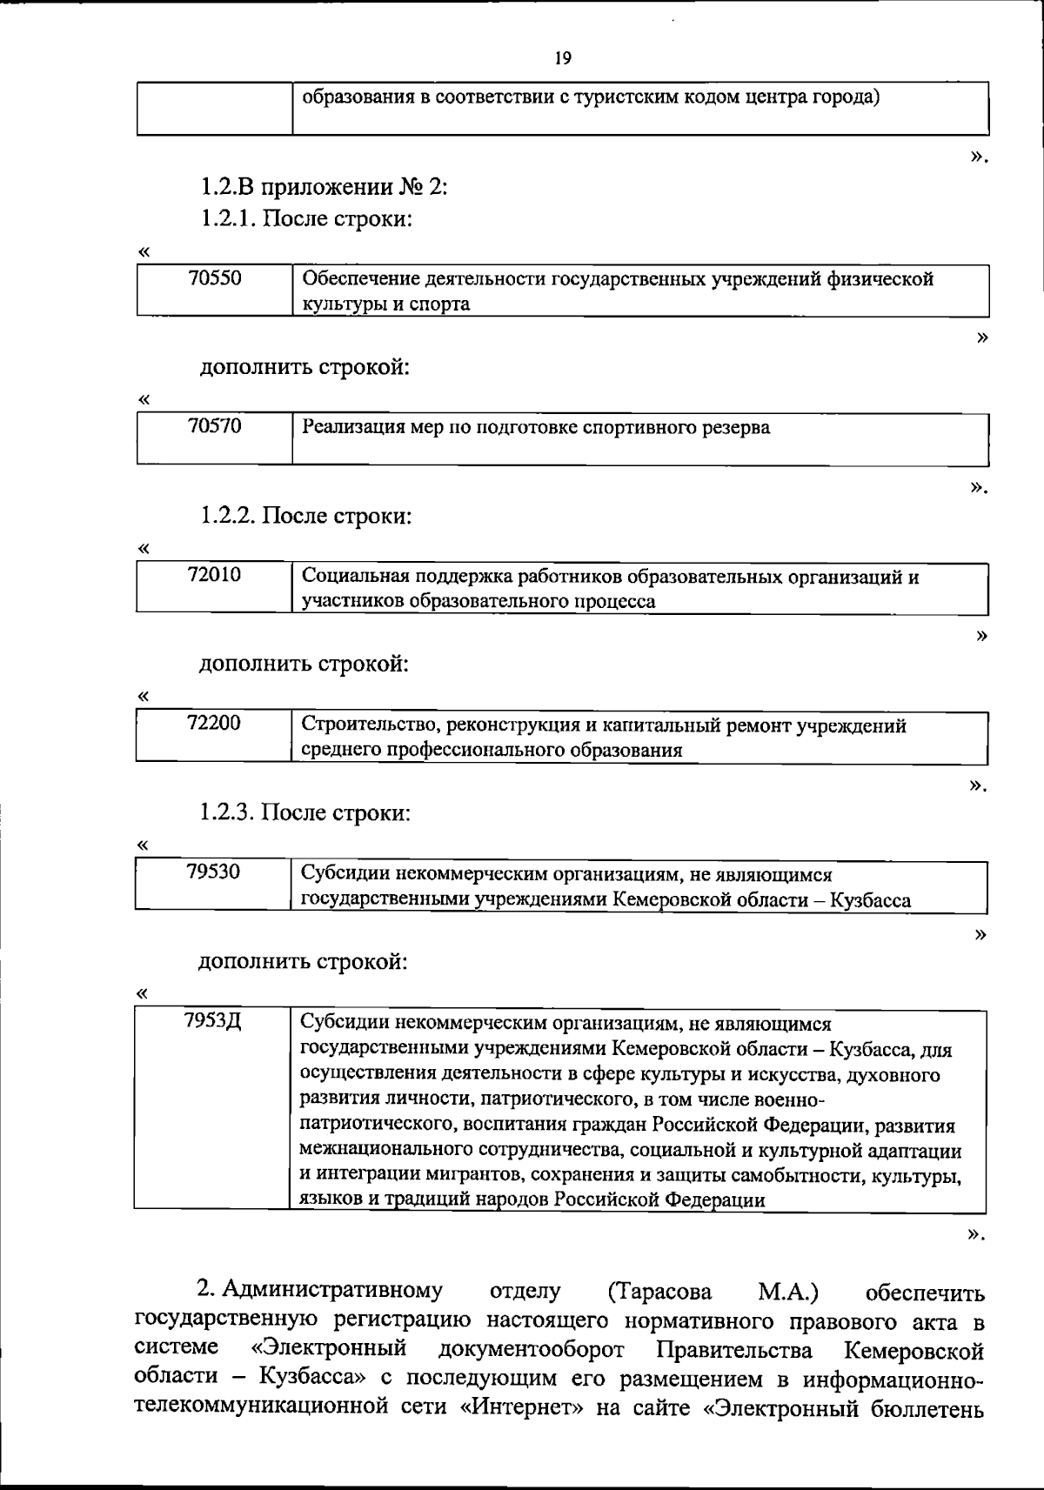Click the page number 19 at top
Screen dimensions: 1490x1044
pyautogui.click(x=563, y=58)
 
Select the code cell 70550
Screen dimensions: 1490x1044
pyautogui.click(x=215, y=278)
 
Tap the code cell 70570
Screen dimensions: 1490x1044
pyautogui.click(x=215, y=426)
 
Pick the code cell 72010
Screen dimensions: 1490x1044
pyautogui.click(x=215, y=575)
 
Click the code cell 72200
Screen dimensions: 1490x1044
pyautogui.click(x=214, y=724)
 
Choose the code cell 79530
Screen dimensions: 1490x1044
pyautogui.click(x=213, y=872)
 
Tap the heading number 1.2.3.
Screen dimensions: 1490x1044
pyautogui.click(x=227, y=813)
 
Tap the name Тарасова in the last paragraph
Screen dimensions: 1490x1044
pyautogui.click(x=660, y=1292)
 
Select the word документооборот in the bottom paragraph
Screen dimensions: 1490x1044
pyautogui.click(x=532, y=1351)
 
